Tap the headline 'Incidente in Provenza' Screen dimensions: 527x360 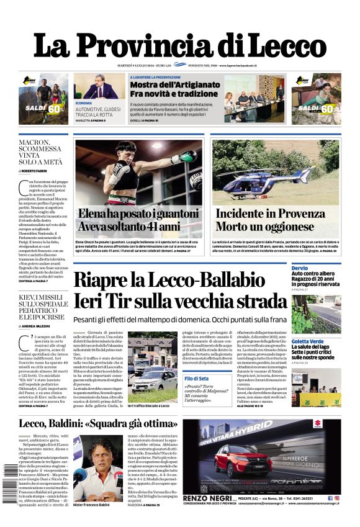(271, 214)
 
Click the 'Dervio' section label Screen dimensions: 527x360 (299, 268)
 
